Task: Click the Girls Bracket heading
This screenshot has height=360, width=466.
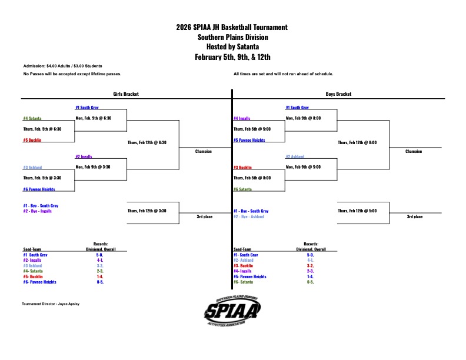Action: click(126, 94)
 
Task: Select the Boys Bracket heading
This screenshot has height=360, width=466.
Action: click(338, 94)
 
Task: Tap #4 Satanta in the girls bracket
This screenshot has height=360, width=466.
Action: click(32, 118)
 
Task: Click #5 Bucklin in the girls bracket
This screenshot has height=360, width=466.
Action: click(32, 140)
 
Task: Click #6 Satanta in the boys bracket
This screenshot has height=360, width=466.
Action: click(244, 189)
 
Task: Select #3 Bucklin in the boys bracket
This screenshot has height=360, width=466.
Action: click(244, 168)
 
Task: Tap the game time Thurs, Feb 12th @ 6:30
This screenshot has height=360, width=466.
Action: click(147, 142)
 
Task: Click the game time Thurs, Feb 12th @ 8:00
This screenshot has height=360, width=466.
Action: click(357, 142)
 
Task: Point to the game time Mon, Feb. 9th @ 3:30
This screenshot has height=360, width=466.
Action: click(93, 167)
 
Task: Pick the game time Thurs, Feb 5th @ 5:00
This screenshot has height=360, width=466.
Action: click(252, 129)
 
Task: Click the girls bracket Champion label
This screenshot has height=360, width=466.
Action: click(204, 151)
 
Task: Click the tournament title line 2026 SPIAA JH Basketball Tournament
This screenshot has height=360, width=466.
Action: click(232, 27)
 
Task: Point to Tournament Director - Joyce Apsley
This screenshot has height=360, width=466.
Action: click(51, 304)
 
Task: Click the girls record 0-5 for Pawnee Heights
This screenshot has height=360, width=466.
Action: click(100, 282)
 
